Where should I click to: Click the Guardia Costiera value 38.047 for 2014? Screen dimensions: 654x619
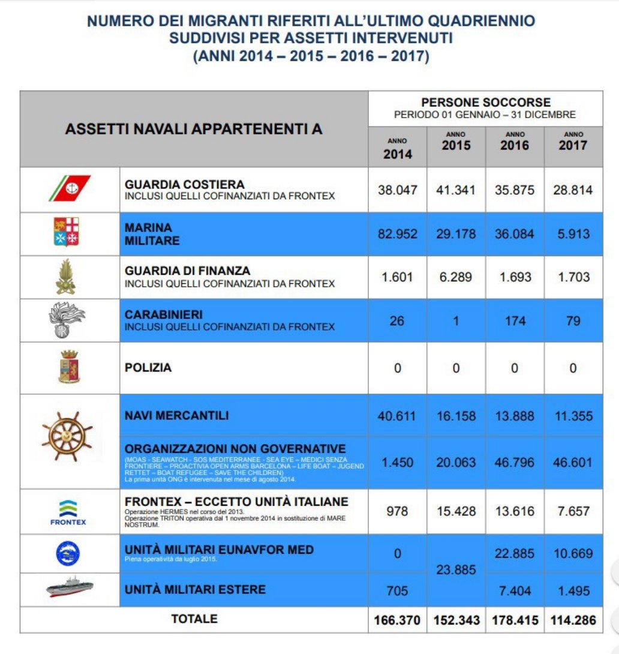point(397,190)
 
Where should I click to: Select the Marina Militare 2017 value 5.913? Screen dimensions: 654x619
point(573,234)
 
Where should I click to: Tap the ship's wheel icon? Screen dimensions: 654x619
point(68,436)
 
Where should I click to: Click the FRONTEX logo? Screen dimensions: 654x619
point(68,512)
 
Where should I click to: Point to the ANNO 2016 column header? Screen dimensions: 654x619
point(515,142)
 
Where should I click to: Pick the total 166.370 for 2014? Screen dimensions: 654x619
point(397,620)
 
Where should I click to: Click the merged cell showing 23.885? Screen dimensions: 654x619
point(456,569)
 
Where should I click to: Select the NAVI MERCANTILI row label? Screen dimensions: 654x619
point(176,415)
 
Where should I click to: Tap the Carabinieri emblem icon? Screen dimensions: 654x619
point(67,320)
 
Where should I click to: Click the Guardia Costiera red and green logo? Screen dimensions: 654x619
point(70,188)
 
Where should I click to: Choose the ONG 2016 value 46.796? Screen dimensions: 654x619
point(514,463)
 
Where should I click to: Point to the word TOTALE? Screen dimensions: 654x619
point(194,619)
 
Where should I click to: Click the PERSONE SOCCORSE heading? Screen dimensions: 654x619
point(485,102)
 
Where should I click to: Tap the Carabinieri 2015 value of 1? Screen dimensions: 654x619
point(456,321)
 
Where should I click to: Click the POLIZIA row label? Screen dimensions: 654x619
point(148,368)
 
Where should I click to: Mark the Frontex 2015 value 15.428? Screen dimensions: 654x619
point(456,511)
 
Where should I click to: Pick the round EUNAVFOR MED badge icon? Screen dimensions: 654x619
point(68,553)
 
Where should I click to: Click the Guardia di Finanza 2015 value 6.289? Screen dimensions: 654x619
point(456,277)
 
